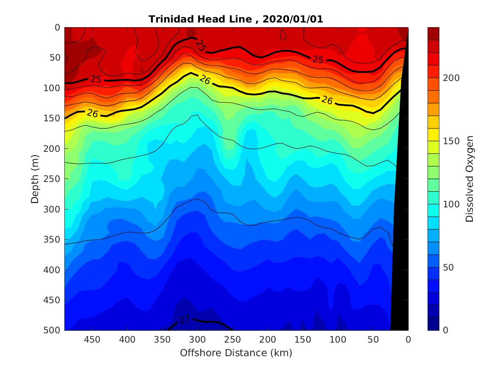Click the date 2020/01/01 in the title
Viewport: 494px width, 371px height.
click(293, 20)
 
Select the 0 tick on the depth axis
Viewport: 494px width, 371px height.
click(57, 28)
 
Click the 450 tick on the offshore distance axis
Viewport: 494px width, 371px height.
click(92, 340)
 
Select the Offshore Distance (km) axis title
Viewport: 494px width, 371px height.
click(236, 353)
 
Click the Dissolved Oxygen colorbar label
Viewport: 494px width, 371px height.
click(469, 179)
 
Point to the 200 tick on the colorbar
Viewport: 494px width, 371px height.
click(451, 78)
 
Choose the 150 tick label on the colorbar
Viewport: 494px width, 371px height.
click(451, 141)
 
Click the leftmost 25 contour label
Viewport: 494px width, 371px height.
click(96, 79)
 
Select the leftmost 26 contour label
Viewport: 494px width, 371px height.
click(92, 113)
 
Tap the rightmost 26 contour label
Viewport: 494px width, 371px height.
click(327, 100)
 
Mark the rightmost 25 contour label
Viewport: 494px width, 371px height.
click(318, 60)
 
